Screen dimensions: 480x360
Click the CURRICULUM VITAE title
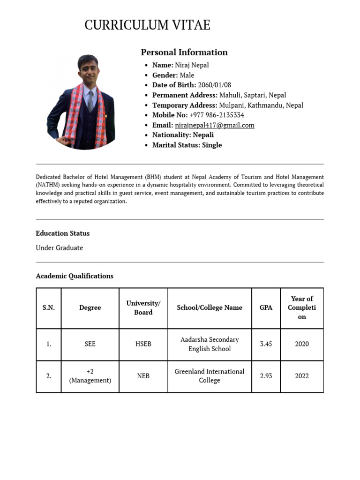(147, 25)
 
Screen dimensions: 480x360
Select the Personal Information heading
(184, 52)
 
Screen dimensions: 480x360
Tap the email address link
(214, 125)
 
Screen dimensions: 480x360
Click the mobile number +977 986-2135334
(217, 115)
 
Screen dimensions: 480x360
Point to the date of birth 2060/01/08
(214, 85)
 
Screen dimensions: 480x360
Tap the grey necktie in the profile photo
(91, 98)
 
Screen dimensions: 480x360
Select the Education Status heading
(62, 233)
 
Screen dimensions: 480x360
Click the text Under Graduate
(59, 247)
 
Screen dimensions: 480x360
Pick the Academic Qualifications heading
(75, 276)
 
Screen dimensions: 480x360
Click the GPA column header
(266, 307)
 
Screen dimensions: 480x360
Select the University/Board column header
(143, 307)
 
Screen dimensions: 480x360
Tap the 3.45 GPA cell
(266, 344)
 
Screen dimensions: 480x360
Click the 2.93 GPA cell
(266, 376)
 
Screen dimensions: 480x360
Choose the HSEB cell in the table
(143, 344)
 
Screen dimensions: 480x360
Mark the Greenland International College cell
(210, 376)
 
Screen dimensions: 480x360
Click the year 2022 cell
(302, 376)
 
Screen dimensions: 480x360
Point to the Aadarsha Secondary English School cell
(210, 344)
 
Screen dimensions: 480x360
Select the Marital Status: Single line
(187, 145)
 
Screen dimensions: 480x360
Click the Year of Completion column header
(302, 307)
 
